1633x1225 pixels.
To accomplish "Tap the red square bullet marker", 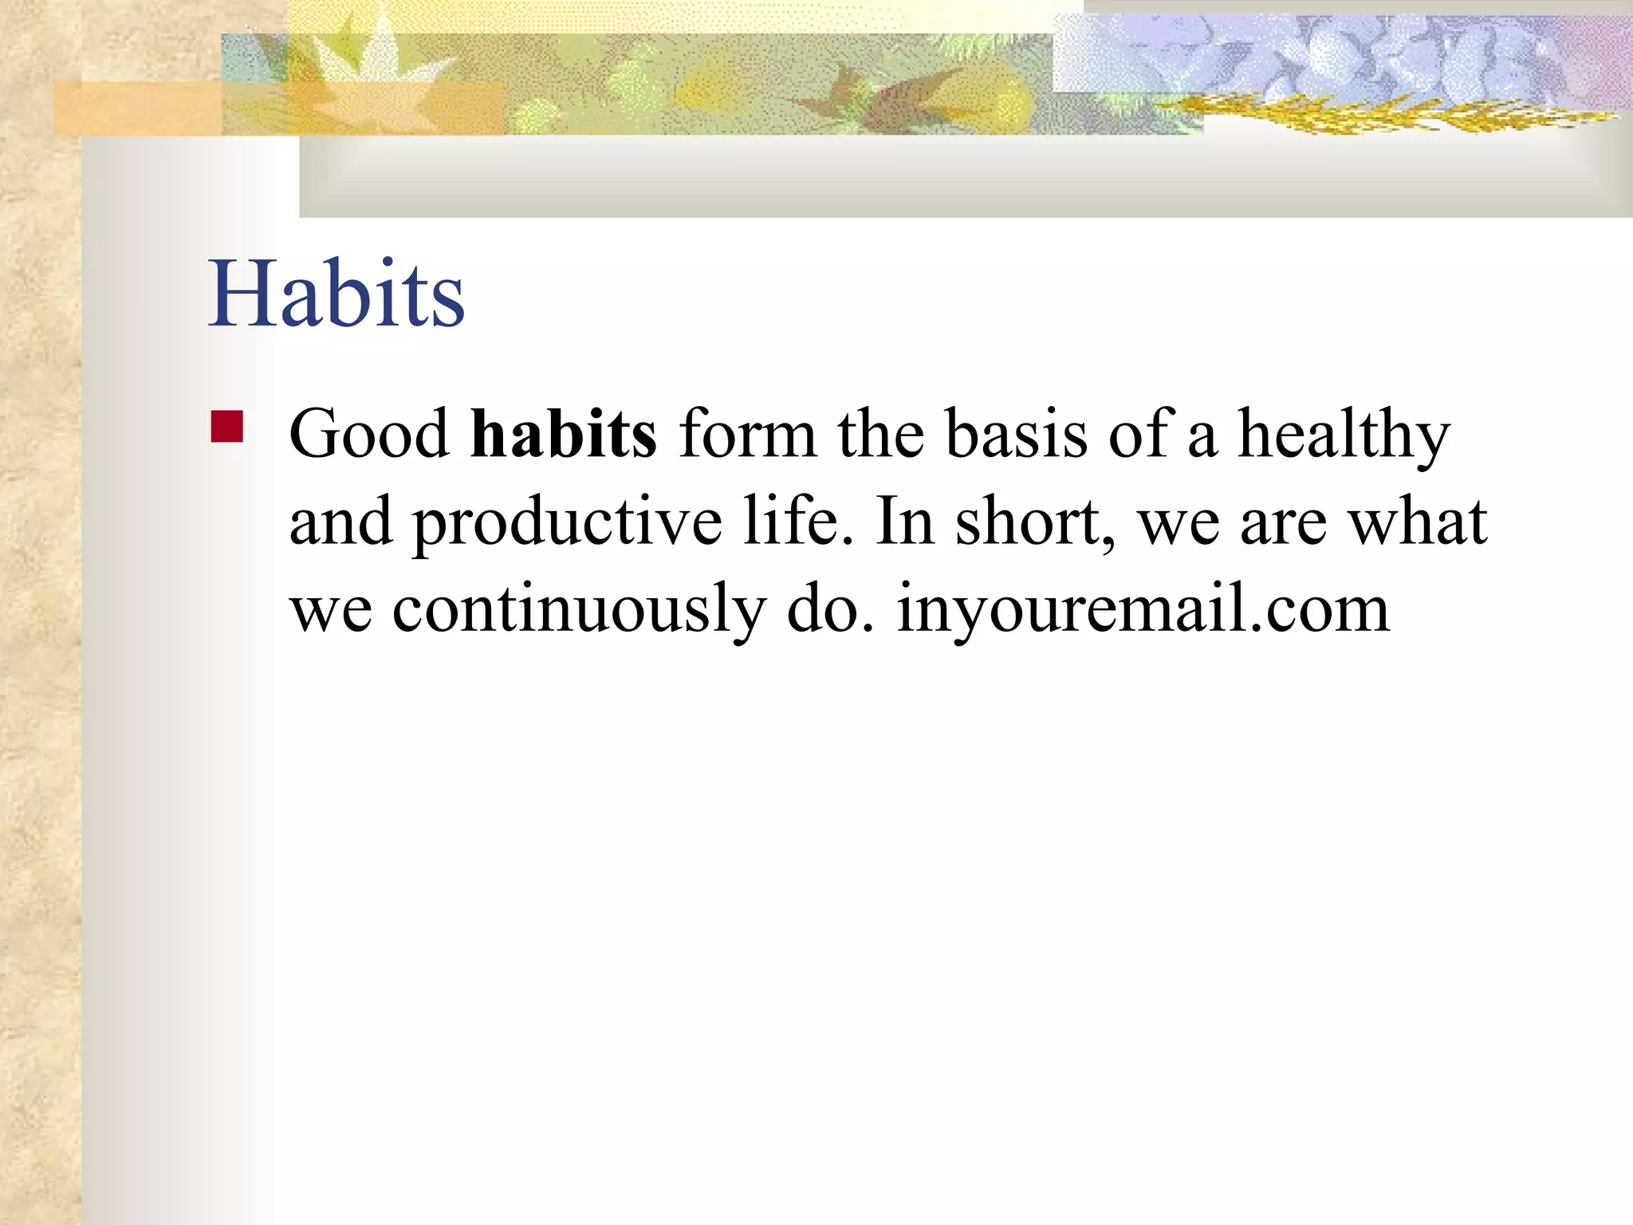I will [x=227, y=426].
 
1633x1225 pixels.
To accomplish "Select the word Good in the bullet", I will [x=369, y=434].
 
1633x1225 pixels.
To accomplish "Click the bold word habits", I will [x=563, y=434].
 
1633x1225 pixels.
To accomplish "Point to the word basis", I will [x=1017, y=434].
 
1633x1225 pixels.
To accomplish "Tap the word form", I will [x=747, y=434].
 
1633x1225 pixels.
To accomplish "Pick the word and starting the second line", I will [x=340, y=522].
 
